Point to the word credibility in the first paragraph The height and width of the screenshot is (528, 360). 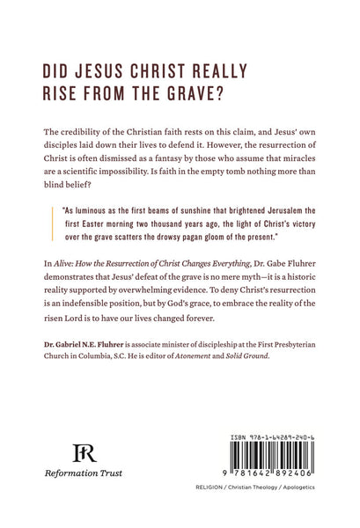pyautogui.click(x=84, y=131)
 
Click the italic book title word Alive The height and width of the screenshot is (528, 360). pyautogui.click(x=62, y=263)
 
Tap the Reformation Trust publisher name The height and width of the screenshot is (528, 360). pyautogui.click(x=84, y=473)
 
